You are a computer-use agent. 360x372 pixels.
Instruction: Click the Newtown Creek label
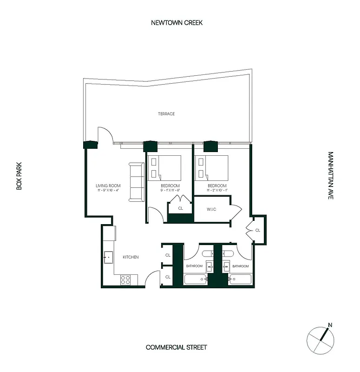pyautogui.click(x=177, y=22)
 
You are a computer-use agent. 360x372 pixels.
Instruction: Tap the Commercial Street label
pyautogui.click(x=176, y=347)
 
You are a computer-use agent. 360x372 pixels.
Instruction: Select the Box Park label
pyautogui.click(x=19, y=176)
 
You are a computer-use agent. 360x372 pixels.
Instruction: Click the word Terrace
pyautogui.click(x=166, y=114)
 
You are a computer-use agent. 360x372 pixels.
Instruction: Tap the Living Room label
pyautogui.click(x=108, y=186)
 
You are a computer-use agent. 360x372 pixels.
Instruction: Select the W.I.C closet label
pyautogui.click(x=211, y=209)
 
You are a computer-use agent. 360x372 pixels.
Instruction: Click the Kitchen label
pyautogui.click(x=131, y=257)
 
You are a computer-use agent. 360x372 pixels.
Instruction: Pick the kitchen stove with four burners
pyautogui.click(x=125, y=279)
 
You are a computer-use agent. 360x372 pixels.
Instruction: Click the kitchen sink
pyautogui.click(x=108, y=257)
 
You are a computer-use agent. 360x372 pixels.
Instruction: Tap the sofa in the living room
pyautogui.click(x=137, y=182)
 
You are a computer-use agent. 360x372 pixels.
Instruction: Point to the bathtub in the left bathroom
pyautogui.click(x=196, y=279)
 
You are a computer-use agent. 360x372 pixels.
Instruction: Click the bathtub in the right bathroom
pyautogui.click(x=240, y=279)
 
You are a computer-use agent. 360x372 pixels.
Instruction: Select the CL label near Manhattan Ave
pyautogui.click(x=257, y=230)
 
